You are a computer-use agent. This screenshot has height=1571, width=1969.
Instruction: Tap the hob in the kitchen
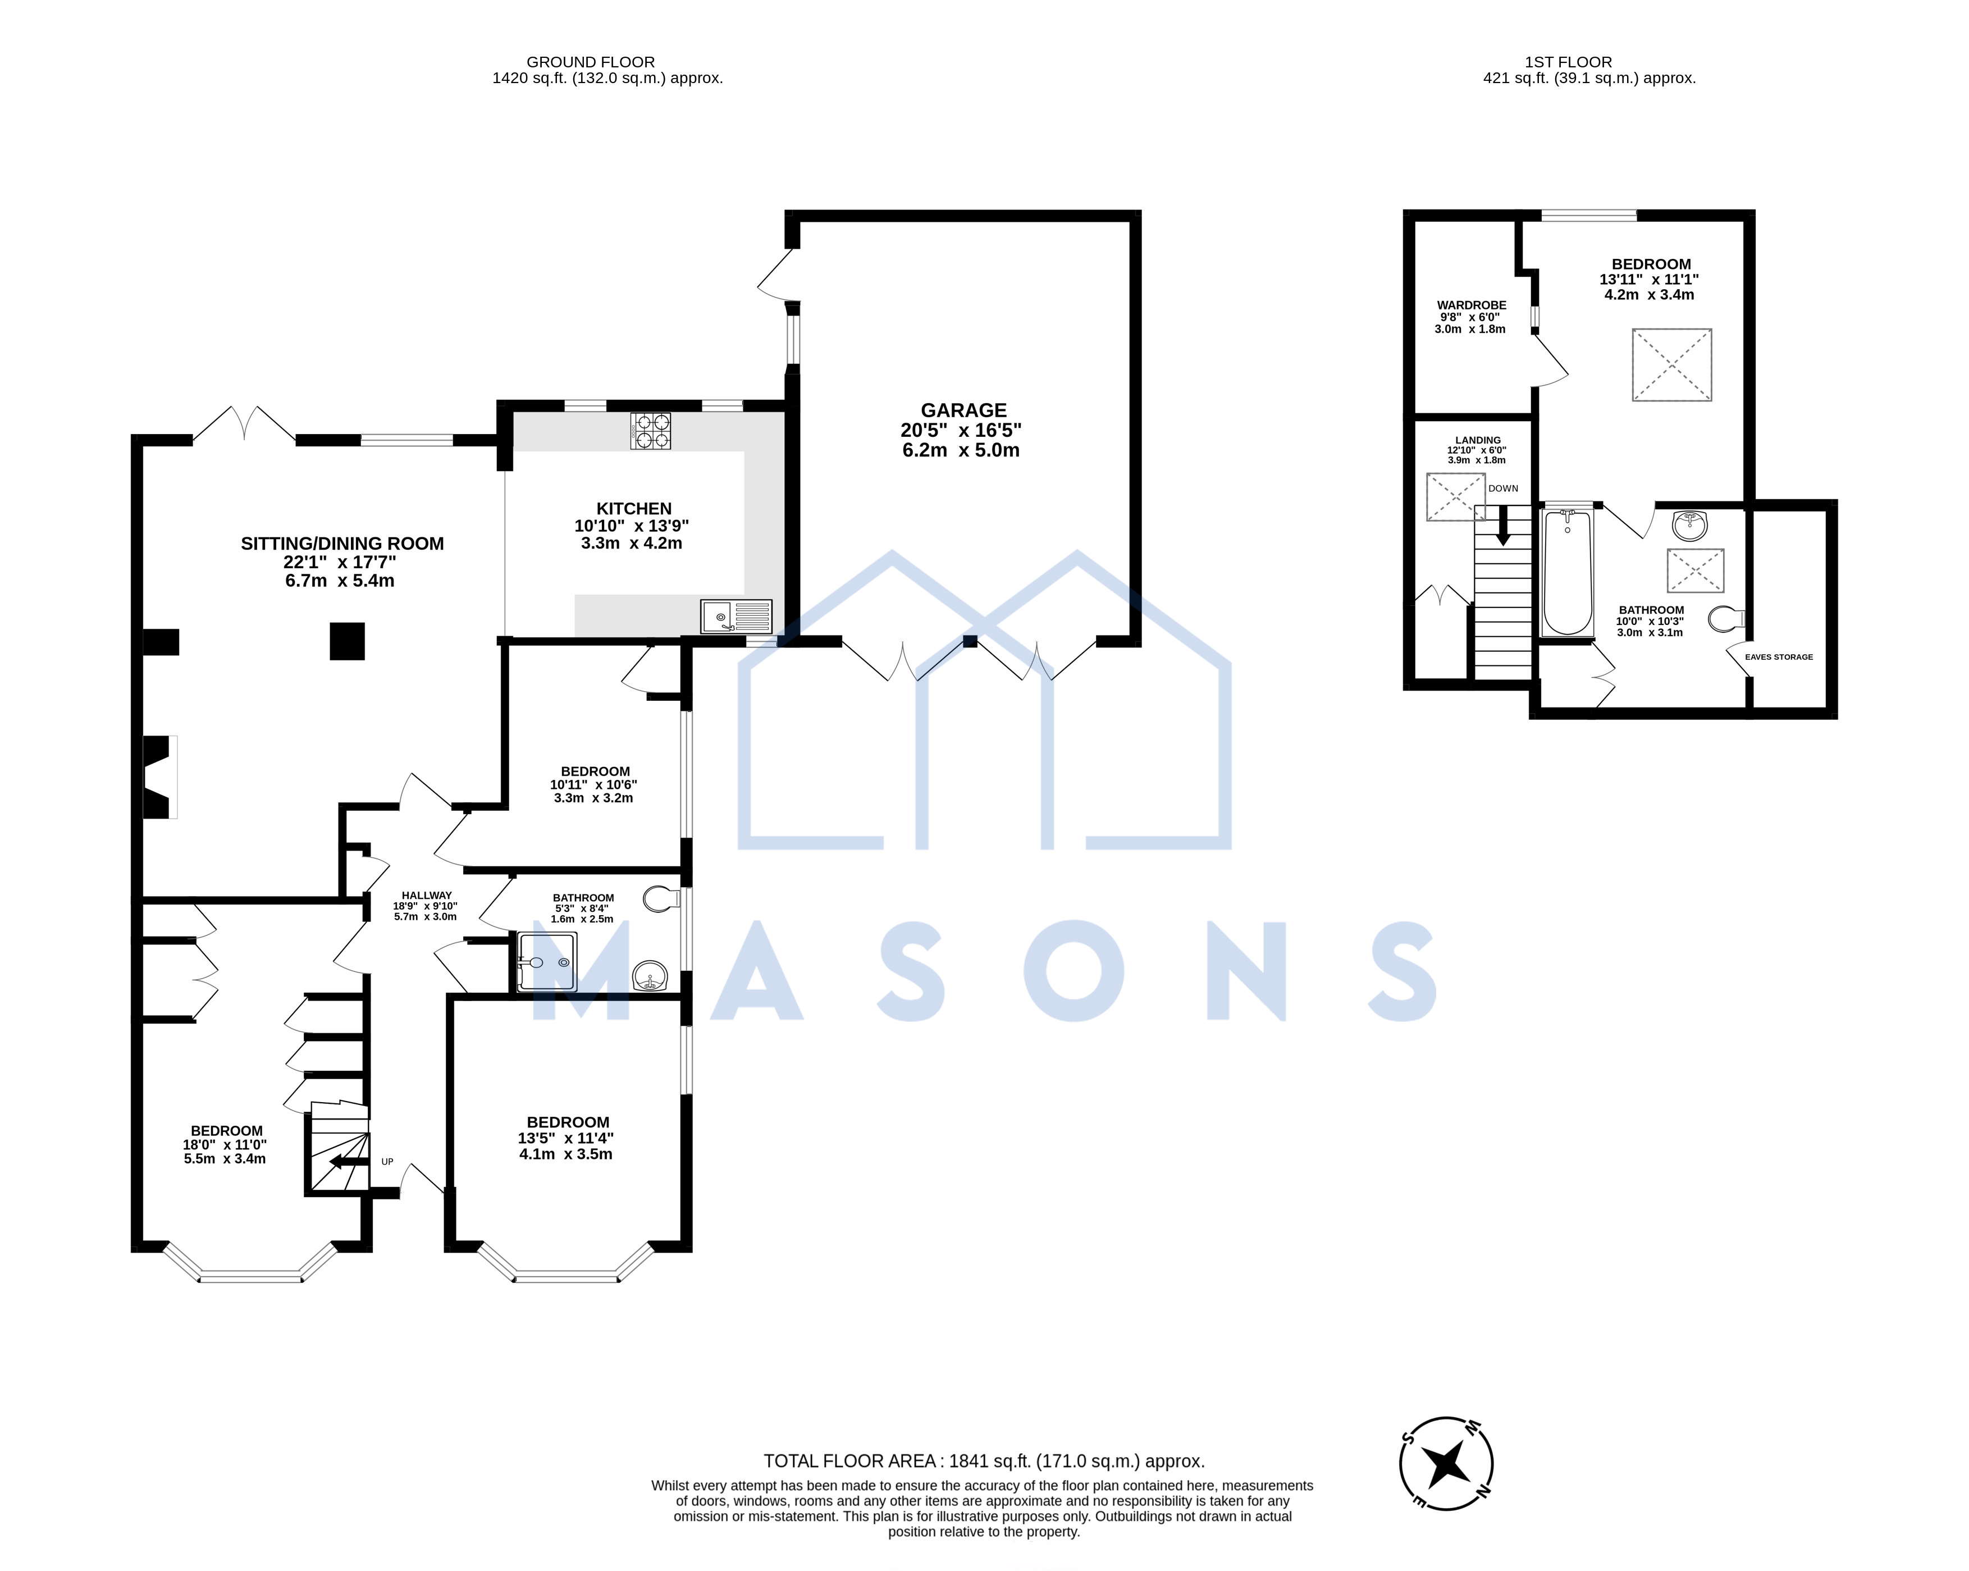(650, 431)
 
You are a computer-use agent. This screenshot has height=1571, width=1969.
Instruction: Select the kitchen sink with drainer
(736, 616)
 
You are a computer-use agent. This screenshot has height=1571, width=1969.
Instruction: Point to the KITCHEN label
(634, 509)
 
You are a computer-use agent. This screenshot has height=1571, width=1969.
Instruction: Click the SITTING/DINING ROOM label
(342, 544)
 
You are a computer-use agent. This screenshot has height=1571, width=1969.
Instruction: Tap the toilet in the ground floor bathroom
(661, 899)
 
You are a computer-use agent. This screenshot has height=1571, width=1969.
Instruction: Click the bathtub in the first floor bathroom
(1567, 573)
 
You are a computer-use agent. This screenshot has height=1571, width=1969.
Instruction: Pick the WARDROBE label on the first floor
(1471, 305)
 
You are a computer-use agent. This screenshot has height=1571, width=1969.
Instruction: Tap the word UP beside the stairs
(387, 1162)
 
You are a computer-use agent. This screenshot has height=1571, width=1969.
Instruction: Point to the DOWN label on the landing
(1503, 488)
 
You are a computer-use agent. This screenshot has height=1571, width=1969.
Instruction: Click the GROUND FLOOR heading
(591, 62)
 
